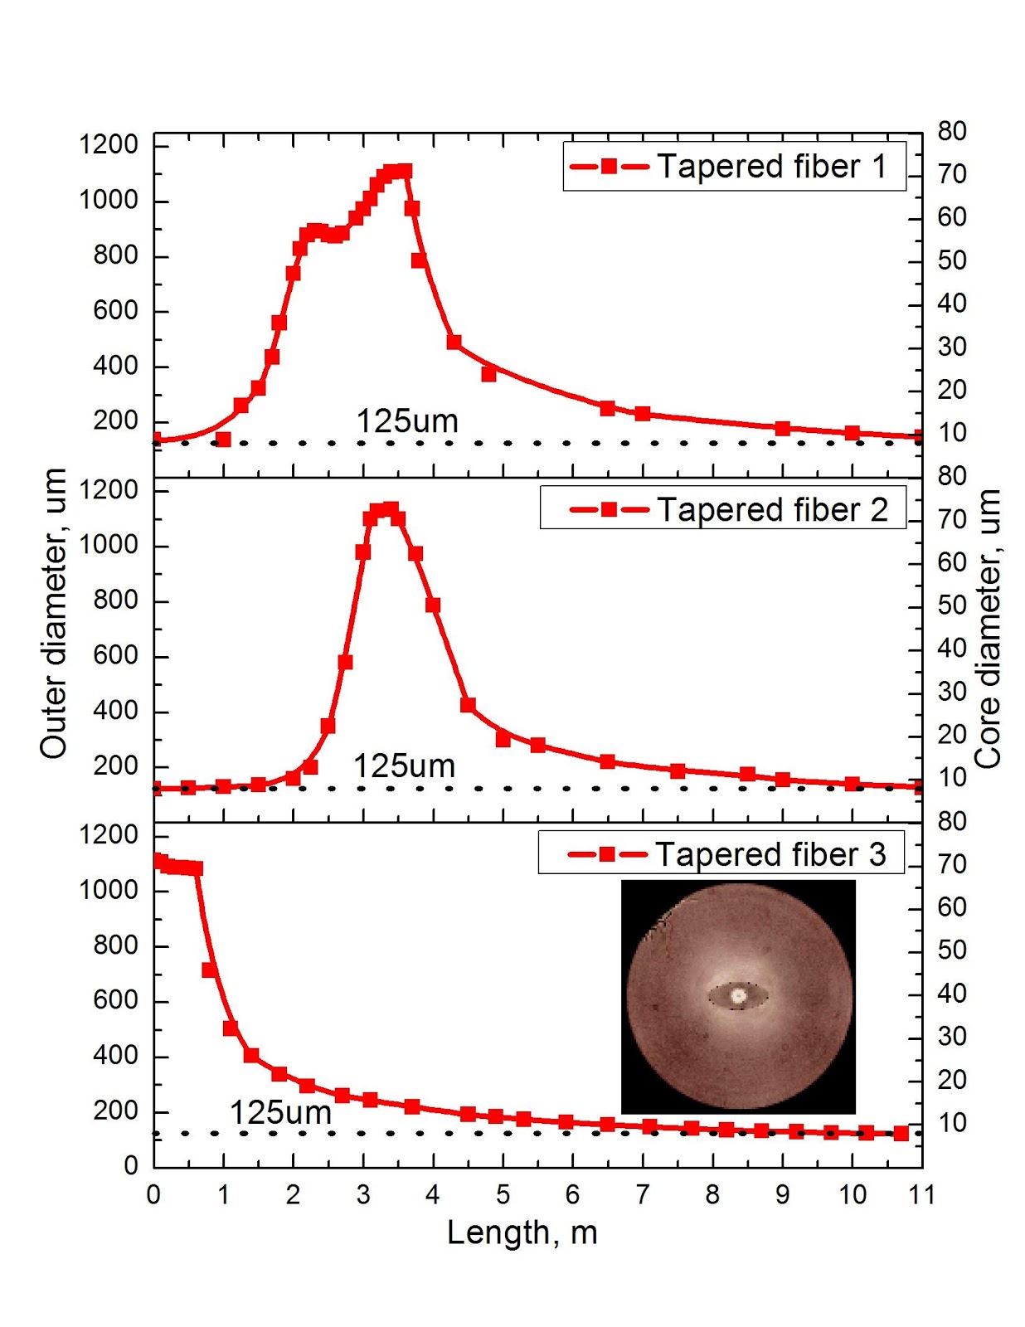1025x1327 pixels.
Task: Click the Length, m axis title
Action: click(x=522, y=1232)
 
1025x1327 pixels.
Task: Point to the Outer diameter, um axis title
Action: click(x=53, y=613)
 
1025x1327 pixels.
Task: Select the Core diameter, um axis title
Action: click(x=988, y=628)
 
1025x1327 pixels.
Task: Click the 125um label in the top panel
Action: click(x=407, y=421)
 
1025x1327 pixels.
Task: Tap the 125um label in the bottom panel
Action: click(x=280, y=1113)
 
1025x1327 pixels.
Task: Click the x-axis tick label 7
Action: click(x=643, y=1194)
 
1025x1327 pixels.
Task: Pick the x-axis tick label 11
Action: click(x=921, y=1194)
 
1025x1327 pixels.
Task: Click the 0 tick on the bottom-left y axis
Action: click(x=130, y=1165)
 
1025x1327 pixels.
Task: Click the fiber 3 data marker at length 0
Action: click(x=159, y=861)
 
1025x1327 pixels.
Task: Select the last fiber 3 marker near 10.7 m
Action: click(x=901, y=1133)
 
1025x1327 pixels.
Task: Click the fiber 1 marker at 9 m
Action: click(x=782, y=429)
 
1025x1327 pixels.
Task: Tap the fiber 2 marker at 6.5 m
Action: click(x=607, y=761)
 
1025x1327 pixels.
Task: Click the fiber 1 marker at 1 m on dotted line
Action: click(x=223, y=440)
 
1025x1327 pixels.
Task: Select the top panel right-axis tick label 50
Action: click(x=952, y=260)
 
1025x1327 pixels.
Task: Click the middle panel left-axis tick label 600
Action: click(x=115, y=655)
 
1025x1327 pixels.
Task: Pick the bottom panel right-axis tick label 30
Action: click(x=952, y=1037)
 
